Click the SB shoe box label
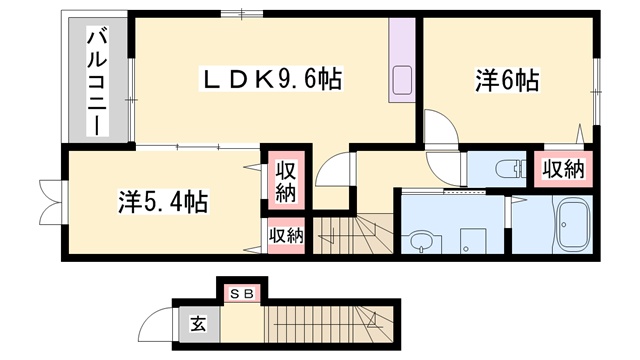[x=241, y=293]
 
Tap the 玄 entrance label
[x=197, y=323]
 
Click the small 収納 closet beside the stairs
[x=284, y=236]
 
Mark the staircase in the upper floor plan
[x=352, y=236]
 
